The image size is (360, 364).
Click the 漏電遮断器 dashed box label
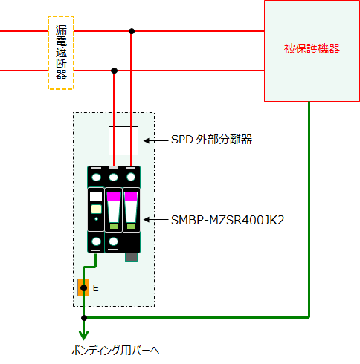pyautogui.click(x=61, y=53)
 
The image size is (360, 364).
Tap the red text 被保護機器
pyautogui.click(x=312, y=49)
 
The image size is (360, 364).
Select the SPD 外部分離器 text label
pyautogui.click(x=211, y=140)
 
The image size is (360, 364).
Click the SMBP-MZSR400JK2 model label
pyautogui.click(x=228, y=220)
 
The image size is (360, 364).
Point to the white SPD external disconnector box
pyautogui.click(x=123, y=140)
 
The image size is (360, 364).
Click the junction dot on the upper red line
pyautogui.click(x=132, y=31)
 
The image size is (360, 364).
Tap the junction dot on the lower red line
pyautogui.click(x=114, y=71)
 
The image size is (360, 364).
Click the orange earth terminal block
pyautogui.click(x=83, y=287)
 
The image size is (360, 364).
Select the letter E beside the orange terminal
pyautogui.click(x=96, y=288)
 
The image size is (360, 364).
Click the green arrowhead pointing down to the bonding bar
pyautogui.click(x=84, y=335)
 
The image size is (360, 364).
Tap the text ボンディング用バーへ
pyautogui.click(x=115, y=351)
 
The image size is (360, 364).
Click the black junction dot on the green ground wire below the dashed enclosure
pyautogui.click(x=84, y=318)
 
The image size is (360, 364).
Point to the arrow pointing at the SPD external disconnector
pyautogui.click(x=156, y=141)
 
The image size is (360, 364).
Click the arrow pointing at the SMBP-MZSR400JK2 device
pyautogui.click(x=156, y=220)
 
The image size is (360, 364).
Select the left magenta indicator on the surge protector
pyautogui.click(x=114, y=196)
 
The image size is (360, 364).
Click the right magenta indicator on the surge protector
pyautogui.click(x=131, y=196)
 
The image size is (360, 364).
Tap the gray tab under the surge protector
pyautogui.click(x=131, y=257)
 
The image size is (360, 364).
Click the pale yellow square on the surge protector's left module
pyautogui.click(x=96, y=209)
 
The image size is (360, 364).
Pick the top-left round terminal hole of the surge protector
pyautogui.click(x=96, y=178)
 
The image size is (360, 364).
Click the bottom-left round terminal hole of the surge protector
pyautogui.click(x=96, y=241)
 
